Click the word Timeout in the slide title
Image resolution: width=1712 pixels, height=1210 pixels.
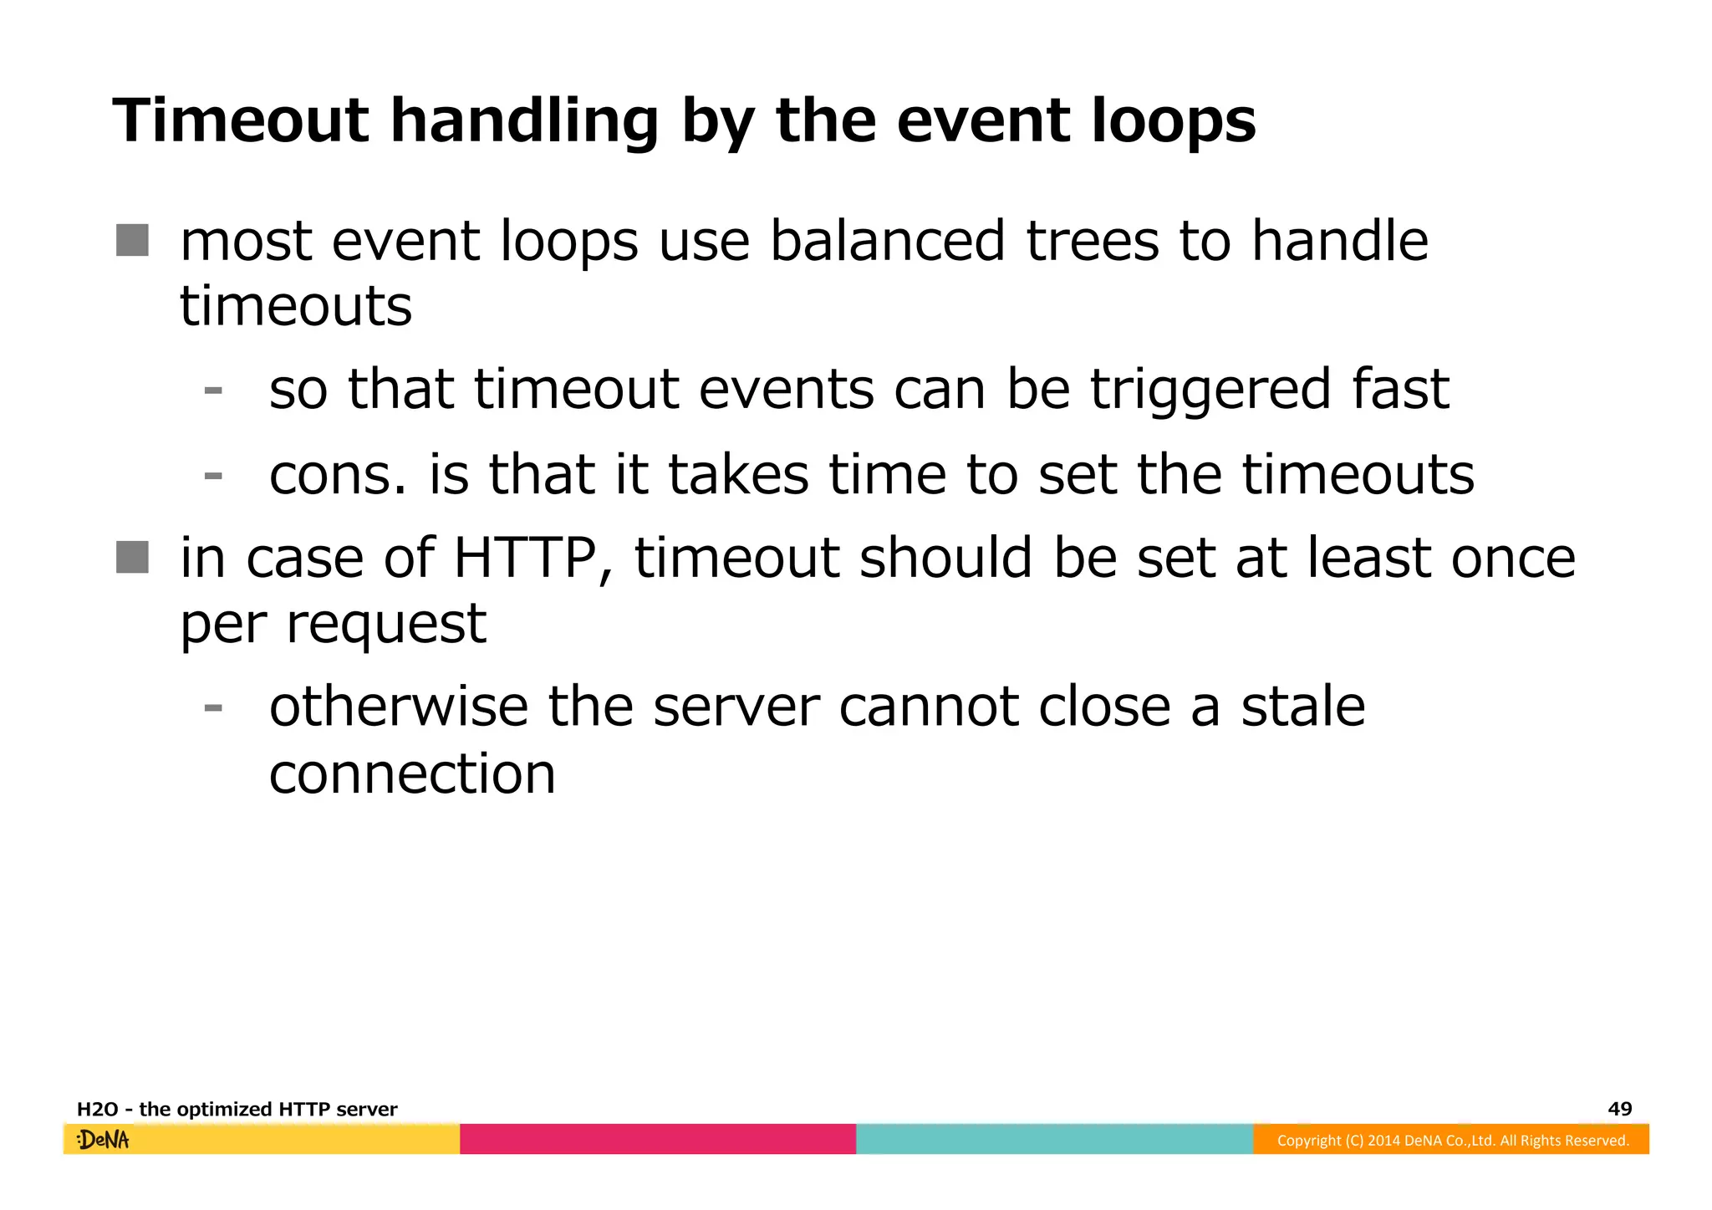pos(240,120)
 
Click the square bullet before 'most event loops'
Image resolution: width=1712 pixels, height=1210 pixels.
pos(132,240)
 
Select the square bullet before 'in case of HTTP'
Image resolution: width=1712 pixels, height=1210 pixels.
pos(132,557)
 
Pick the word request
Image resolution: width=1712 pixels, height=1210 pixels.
pos(386,625)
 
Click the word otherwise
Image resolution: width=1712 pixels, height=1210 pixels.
pos(398,707)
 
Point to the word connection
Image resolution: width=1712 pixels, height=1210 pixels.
pos(412,773)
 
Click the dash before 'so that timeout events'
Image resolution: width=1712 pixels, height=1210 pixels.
pos(213,391)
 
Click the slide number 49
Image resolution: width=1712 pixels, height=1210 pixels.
pos(1619,1109)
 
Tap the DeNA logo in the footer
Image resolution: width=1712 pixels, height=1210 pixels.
pos(104,1140)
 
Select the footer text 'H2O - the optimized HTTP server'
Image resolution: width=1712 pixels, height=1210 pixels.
pos(237,1110)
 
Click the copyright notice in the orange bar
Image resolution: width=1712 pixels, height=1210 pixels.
pos(1452,1141)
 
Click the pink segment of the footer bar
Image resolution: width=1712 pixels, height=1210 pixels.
pos(658,1139)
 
